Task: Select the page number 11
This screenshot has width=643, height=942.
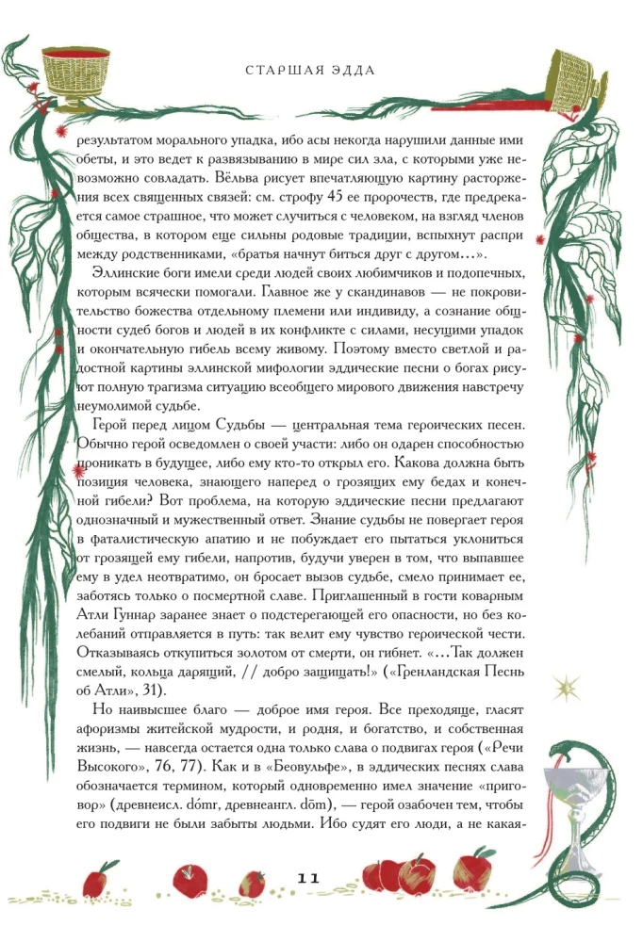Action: (308, 878)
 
